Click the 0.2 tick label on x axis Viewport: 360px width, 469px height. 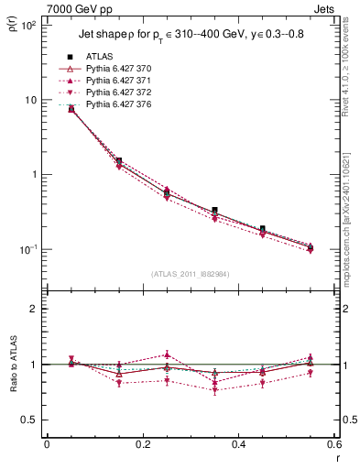[142, 445]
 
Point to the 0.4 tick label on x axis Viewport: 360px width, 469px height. [239, 445]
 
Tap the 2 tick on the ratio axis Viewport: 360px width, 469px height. [34, 309]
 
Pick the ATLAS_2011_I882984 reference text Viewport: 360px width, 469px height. [191, 273]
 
